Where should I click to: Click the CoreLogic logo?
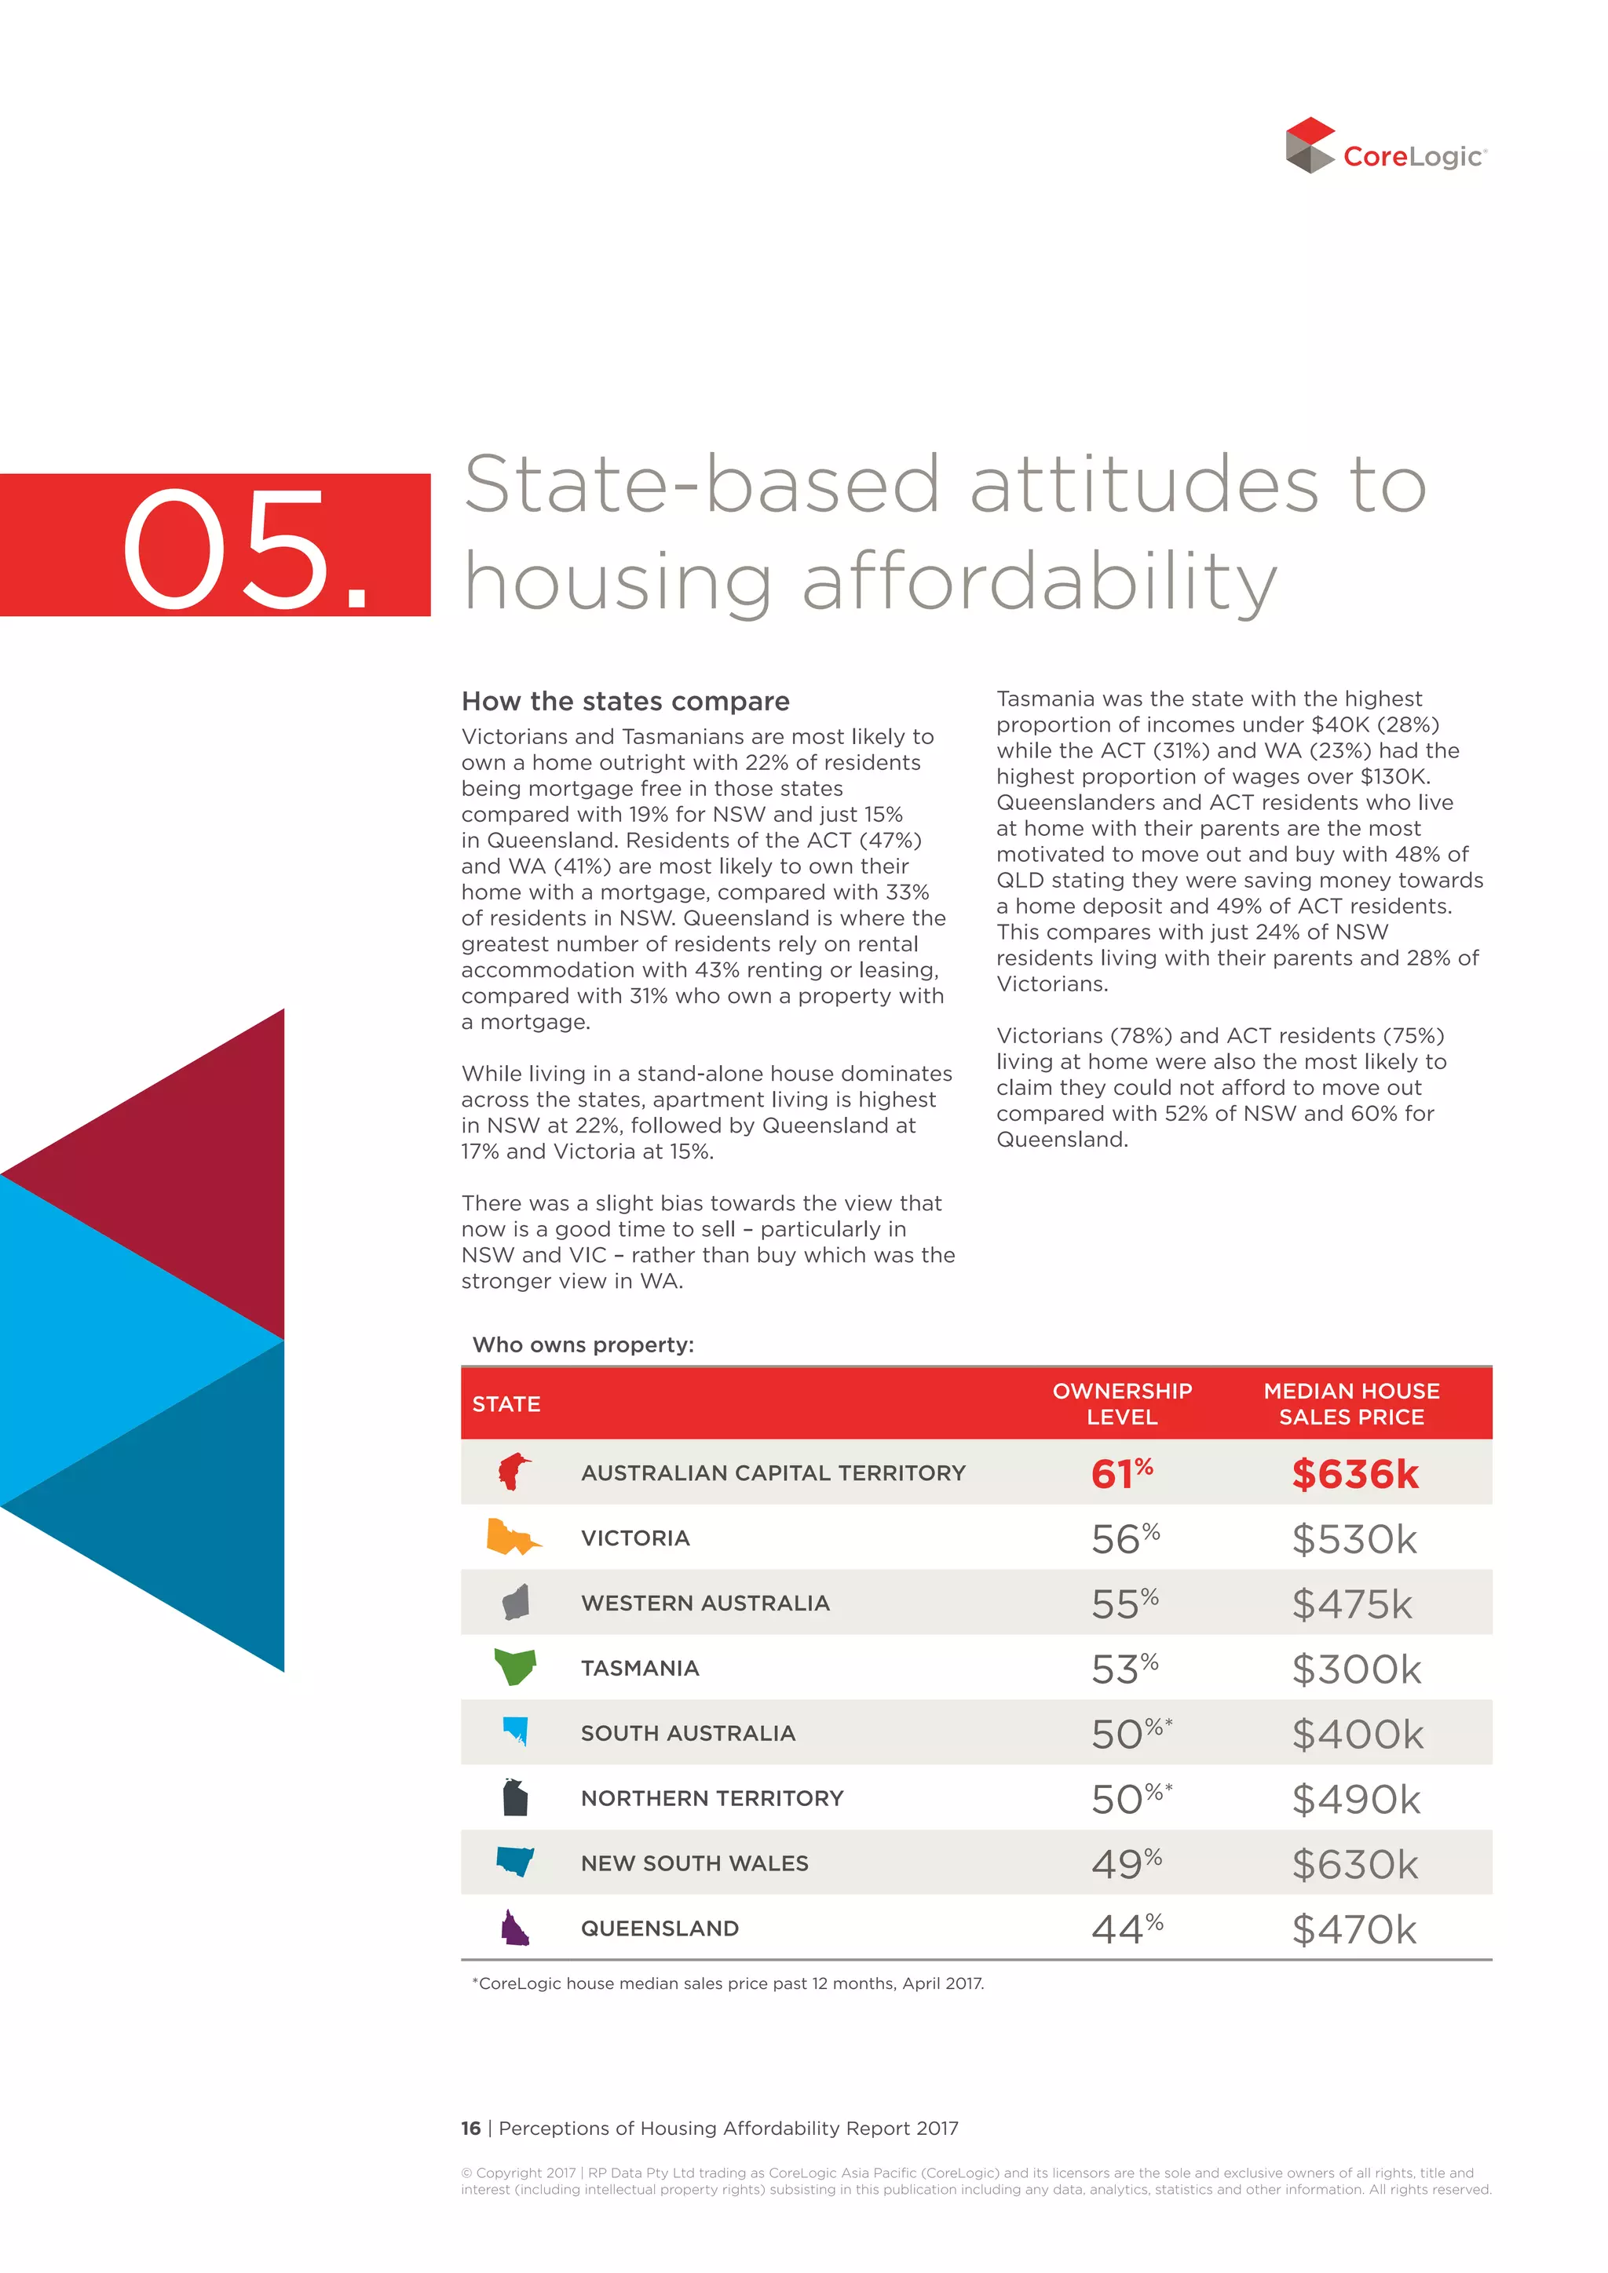point(1385,147)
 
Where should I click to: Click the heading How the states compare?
point(625,701)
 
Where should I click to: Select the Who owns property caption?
point(583,1344)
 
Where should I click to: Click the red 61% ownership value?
point(1121,1473)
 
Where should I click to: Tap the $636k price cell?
point(1354,1474)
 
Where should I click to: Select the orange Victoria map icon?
point(512,1538)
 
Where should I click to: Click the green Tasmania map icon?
point(515,1667)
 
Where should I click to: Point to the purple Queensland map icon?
point(514,1928)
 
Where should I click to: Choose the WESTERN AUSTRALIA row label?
point(705,1603)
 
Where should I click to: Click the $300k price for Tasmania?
point(1355,1669)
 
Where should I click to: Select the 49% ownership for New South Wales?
point(1126,1864)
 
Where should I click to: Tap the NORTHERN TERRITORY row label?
point(712,1798)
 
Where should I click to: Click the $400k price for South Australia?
point(1357,1735)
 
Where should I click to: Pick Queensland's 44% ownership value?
point(1126,1929)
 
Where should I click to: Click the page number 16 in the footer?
point(470,2128)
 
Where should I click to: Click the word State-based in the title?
point(701,485)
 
